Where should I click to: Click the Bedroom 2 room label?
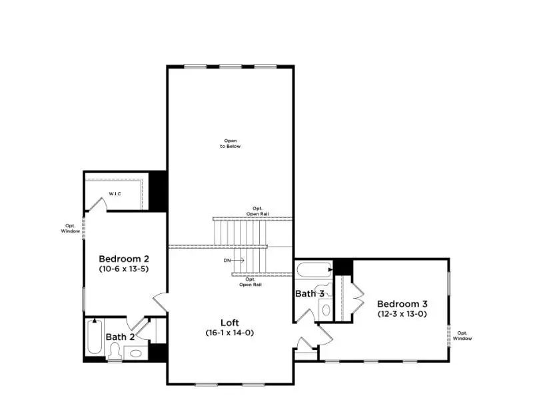123,259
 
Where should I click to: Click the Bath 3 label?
310,293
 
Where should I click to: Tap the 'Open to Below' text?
231,143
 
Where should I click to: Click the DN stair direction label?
227,260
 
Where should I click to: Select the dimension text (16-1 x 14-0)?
230,332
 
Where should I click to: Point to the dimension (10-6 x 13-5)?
123,269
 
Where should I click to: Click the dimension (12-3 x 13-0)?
401,313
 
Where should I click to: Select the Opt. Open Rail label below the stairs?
251,281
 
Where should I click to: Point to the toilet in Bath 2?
114,352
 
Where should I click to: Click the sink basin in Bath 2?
134,353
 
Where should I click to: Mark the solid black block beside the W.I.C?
157,191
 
